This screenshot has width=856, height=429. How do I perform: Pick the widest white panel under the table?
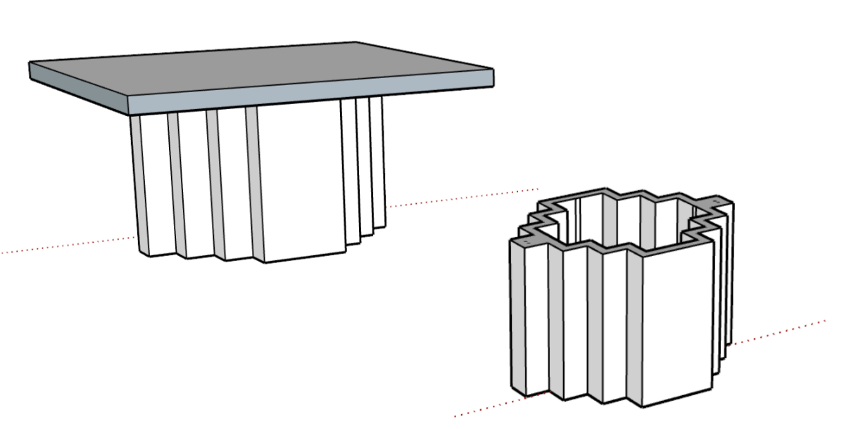299,183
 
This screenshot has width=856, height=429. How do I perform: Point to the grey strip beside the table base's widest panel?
253,183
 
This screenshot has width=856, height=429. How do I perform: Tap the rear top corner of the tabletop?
356,43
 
